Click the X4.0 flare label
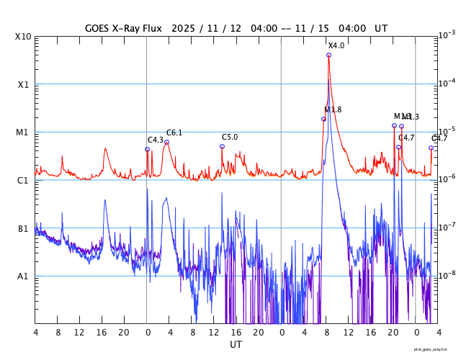pos(336,46)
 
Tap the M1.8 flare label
pos(333,109)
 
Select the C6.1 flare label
pos(174,132)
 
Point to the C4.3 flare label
pos(156,140)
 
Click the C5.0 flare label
pos(230,137)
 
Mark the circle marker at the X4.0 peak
pos(328,55)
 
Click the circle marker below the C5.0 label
pos(222,146)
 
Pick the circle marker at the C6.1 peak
pos(166,143)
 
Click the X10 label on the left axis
pos(22,36)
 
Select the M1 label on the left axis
pos(22,132)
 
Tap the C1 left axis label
pos(22,180)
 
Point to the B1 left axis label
pos(22,228)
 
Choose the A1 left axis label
pos(22,276)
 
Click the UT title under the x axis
pos(236,345)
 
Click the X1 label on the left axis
pos(22,84)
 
